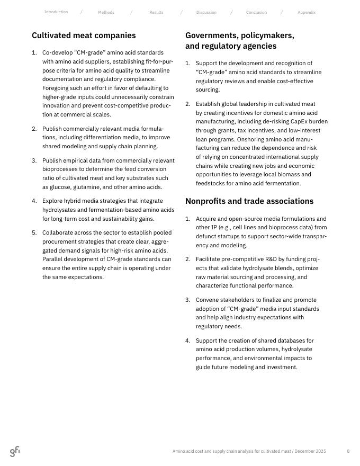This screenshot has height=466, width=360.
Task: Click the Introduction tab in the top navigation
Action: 56,12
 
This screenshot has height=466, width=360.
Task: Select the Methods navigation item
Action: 106,12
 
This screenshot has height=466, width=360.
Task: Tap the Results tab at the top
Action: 156,12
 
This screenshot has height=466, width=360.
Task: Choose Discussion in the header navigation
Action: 206,12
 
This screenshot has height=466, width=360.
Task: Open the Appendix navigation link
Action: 306,12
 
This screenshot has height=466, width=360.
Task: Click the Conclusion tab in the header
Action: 256,12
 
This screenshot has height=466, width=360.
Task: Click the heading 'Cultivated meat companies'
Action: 84,35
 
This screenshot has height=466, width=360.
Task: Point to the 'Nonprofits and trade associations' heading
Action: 249,201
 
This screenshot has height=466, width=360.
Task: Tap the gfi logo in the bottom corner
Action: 15,451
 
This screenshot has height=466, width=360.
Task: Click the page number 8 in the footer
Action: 348,451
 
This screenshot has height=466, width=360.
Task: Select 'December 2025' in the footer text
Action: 310,451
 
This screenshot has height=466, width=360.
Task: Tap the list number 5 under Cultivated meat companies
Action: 34,232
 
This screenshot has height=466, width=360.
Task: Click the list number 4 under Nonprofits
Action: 187,340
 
